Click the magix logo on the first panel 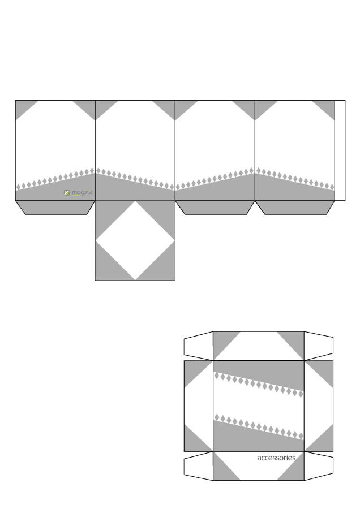tap(79, 193)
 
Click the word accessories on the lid tap(276, 458)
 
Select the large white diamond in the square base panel tap(135, 240)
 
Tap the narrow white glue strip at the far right tap(340, 150)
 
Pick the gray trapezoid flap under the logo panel tap(55, 207)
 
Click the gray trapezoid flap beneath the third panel tap(215, 207)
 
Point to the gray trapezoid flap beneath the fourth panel tap(295, 207)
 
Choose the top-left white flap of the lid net tap(198, 346)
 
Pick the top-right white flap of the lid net tap(319, 346)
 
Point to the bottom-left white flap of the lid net tap(198, 465)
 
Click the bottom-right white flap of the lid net tap(319, 465)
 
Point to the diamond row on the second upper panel tap(135, 178)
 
